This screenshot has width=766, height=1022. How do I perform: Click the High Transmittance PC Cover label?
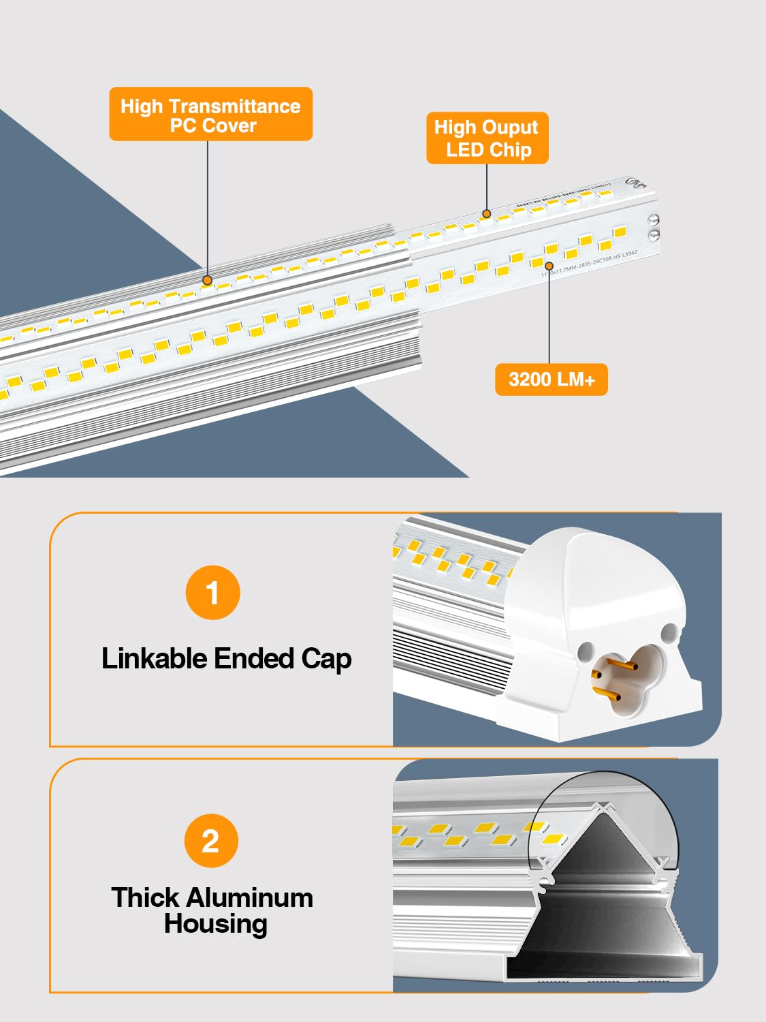pos(210,114)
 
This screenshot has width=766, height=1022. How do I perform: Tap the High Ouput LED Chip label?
pos(487,138)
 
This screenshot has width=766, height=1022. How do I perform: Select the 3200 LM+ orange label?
pos(551,380)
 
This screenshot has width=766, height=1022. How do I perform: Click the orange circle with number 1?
pos(212,593)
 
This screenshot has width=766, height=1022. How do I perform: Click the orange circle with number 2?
pos(211,841)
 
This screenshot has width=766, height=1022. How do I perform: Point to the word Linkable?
pos(154,659)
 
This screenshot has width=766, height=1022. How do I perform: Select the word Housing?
pos(215,925)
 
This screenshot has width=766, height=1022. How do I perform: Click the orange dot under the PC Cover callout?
pos(208,280)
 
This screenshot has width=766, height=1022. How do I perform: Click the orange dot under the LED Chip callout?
pos(487,214)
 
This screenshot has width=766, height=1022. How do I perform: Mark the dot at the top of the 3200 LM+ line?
pos(549,265)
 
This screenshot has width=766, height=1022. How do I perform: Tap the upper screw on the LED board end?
pos(654,220)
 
